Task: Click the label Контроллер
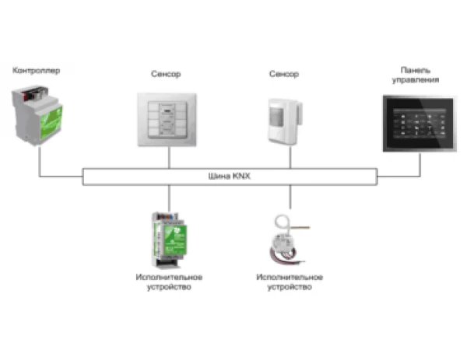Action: (x=36, y=71)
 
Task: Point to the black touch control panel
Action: (x=420, y=124)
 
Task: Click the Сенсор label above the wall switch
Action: (x=165, y=75)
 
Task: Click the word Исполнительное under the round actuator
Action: (x=290, y=277)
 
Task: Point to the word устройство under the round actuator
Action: (x=290, y=287)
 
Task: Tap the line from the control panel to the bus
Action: (x=421, y=163)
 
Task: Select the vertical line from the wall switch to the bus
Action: (x=169, y=158)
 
